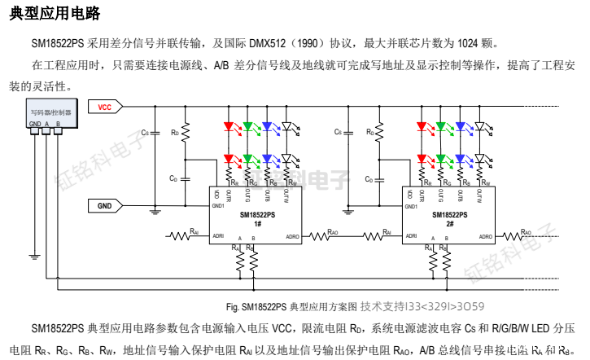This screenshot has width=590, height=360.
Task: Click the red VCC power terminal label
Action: tap(106, 107)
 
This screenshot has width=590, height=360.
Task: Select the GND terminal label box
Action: tap(105, 206)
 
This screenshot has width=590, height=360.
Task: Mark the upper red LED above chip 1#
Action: tap(229, 127)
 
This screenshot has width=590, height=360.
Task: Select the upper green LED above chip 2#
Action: tap(441, 127)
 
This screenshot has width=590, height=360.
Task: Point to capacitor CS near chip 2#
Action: tap(346, 132)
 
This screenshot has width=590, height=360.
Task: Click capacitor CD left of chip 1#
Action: tap(186, 178)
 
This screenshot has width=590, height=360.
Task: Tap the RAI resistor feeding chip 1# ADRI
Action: tap(181, 236)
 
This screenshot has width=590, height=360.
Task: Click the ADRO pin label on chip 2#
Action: tap(485, 236)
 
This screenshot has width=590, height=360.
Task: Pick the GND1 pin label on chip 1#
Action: tap(217, 206)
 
